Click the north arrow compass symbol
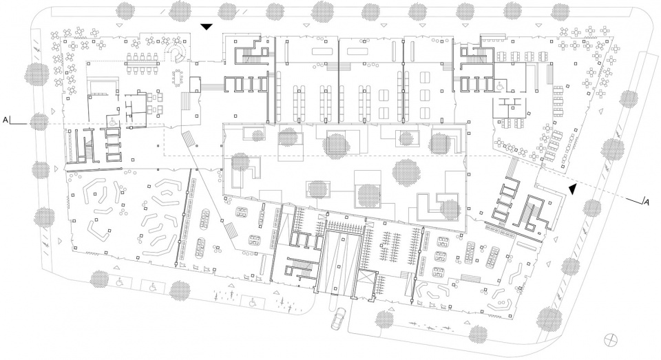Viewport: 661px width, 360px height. click(x=609, y=339)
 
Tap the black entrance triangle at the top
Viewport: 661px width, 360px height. click(x=207, y=28)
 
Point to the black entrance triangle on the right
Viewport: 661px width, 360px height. click(x=572, y=189)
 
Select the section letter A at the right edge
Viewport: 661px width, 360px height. click(x=646, y=202)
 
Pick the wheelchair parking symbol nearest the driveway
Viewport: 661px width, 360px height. click(x=253, y=301)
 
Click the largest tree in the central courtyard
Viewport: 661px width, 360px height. click(x=407, y=171)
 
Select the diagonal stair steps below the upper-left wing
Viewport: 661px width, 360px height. click(x=190, y=139)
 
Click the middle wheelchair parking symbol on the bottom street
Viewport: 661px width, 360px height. click(x=153, y=287)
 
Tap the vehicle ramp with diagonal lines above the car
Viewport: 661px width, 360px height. click(x=341, y=264)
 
